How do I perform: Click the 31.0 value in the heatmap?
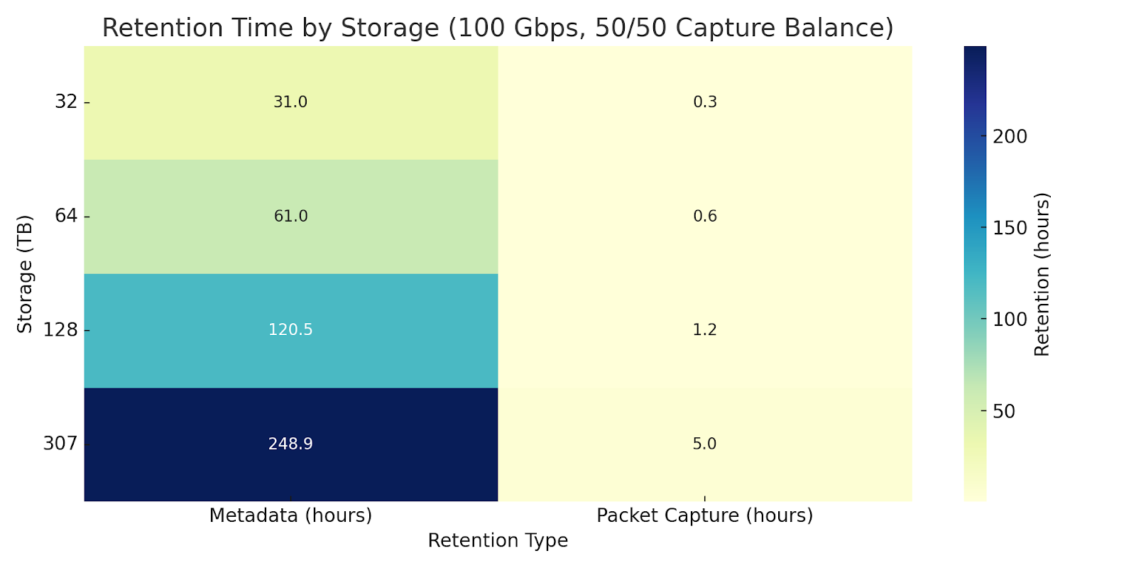[x=290, y=102]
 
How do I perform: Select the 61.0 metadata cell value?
[x=290, y=216]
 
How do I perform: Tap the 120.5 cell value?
[x=290, y=330]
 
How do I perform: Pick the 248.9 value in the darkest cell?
[x=290, y=444]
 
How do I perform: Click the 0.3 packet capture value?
[x=705, y=102]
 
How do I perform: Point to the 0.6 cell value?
[x=705, y=216]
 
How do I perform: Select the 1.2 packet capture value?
[x=705, y=330]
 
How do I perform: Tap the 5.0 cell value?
[x=705, y=444]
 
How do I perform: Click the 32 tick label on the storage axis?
[x=66, y=102]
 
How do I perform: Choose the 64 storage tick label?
[x=66, y=216]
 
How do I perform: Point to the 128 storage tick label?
[x=60, y=330]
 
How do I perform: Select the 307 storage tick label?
[x=60, y=444]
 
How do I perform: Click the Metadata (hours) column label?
[x=290, y=515]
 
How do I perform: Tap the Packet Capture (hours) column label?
[x=705, y=515]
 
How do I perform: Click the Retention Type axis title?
[x=498, y=541]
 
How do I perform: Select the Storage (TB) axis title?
[x=26, y=273]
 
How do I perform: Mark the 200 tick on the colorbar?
[x=1010, y=136]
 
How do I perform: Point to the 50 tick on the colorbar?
[x=1004, y=411]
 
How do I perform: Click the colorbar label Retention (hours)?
[x=1042, y=273]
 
